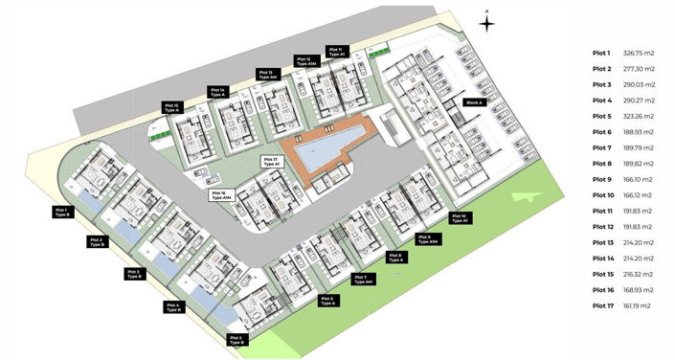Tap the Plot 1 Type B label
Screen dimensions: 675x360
pyautogui.click(x=62, y=212)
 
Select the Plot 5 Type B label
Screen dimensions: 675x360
pyautogui.click(x=236, y=338)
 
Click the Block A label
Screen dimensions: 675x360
pyautogui.click(x=473, y=101)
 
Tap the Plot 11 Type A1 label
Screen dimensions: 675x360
pyautogui.click(x=335, y=53)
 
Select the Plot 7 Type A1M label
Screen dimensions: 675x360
pyautogui.click(x=363, y=280)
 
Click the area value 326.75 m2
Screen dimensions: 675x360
pyautogui.click(x=638, y=53)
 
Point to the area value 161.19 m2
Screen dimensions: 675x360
pyautogui.click(x=638, y=305)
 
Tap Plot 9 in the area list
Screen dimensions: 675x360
pyautogui.click(x=601, y=179)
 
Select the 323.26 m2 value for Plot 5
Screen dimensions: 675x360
pyautogui.click(x=638, y=116)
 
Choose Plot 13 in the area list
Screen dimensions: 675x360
pyautogui.click(x=602, y=242)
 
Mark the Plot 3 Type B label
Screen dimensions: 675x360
pyautogui.click(x=134, y=274)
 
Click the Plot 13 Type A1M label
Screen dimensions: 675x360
pyautogui.click(x=265, y=74)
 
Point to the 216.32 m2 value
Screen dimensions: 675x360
pyautogui.click(x=638, y=274)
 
